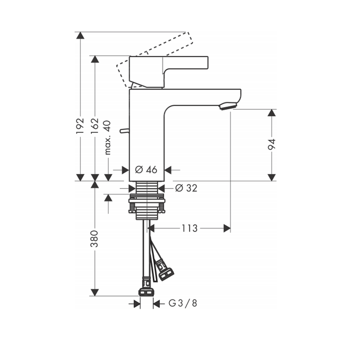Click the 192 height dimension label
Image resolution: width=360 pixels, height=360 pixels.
[x=80, y=126]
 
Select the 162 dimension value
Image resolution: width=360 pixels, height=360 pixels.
[x=94, y=126]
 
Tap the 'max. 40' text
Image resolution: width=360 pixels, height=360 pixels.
[x=108, y=138]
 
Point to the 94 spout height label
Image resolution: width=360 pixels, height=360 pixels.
[x=271, y=144]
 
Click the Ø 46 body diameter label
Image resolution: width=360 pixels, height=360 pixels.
[x=146, y=170]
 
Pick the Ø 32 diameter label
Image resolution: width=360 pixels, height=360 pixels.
[x=186, y=188]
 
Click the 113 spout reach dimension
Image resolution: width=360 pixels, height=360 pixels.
[x=189, y=228]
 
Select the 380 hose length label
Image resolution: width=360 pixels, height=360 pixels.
[x=94, y=239]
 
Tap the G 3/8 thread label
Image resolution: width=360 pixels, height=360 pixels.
[x=183, y=303]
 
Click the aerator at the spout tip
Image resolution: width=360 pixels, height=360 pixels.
[x=228, y=106]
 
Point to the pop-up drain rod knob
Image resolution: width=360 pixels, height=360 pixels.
[x=124, y=130]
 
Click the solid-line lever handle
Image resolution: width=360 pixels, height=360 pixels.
[x=168, y=72]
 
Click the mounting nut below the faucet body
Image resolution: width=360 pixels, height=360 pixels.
[x=147, y=203]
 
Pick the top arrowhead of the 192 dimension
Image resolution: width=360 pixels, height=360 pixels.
[x=80, y=36]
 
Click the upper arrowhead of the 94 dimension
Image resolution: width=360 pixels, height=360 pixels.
[x=272, y=113]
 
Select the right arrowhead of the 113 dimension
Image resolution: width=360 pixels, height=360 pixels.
[x=227, y=228]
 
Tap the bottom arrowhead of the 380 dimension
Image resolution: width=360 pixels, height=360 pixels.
[x=94, y=292]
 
